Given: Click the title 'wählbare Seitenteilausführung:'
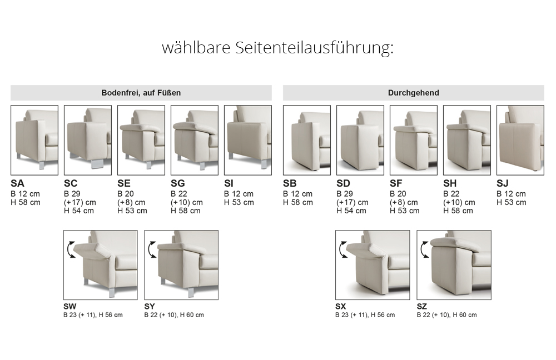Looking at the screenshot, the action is [277, 47].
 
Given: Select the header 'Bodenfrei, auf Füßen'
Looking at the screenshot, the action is [141, 93].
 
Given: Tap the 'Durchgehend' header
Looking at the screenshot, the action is [414, 93].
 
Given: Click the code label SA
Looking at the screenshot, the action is [17, 183].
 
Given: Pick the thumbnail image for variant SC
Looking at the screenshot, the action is [88, 140].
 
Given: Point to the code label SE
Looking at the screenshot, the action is [124, 183].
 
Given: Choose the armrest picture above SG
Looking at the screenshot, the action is [194, 140].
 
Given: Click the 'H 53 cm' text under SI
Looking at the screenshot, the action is [239, 202].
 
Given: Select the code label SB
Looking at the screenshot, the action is [290, 183].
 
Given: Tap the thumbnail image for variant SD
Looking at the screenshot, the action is [360, 140].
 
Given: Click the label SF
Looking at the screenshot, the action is [396, 183].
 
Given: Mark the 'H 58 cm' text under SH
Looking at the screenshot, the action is [458, 211].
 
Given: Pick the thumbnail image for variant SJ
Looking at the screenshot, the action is [520, 140].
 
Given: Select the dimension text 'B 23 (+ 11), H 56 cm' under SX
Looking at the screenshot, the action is [365, 314].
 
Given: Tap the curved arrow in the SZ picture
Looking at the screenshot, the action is [424, 249].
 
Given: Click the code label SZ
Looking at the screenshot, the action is [422, 306].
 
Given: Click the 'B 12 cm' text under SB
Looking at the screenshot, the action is [298, 194].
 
